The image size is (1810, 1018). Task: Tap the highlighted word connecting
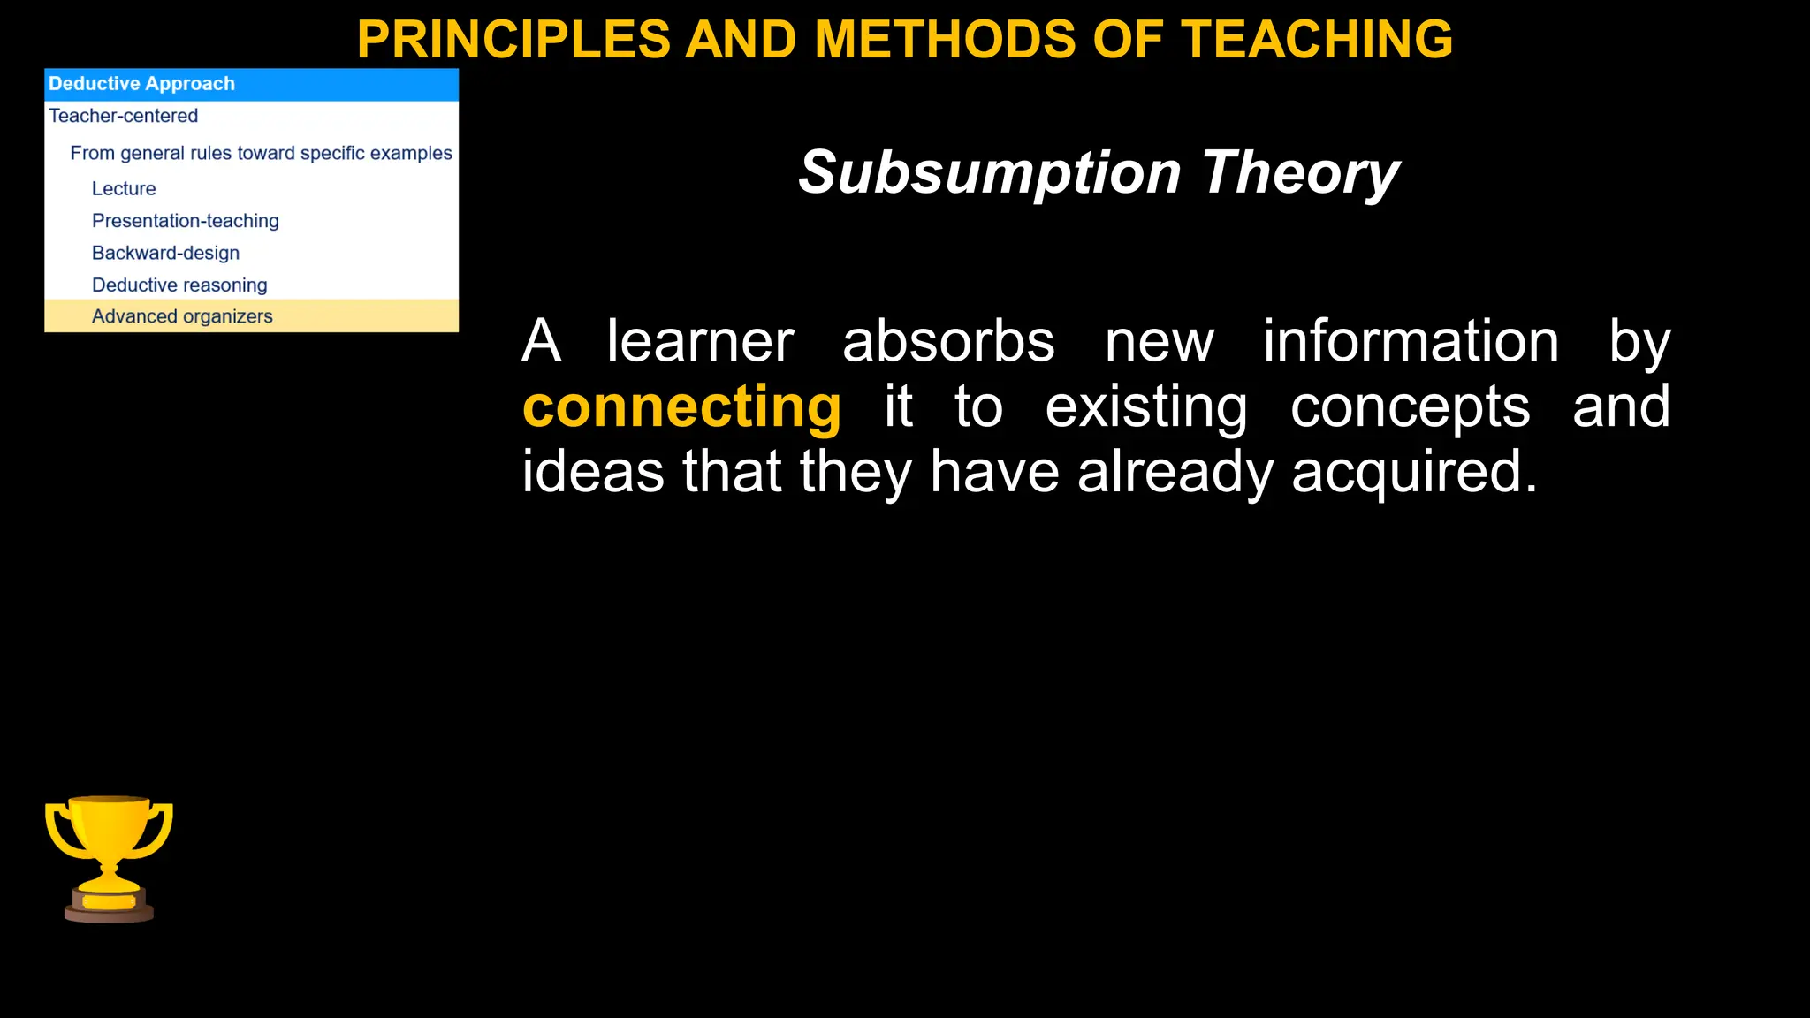[x=681, y=406]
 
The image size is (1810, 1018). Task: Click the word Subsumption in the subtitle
[x=989, y=172]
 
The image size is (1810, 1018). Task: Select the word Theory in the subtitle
[x=1300, y=172]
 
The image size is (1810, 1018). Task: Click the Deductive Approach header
[x=141, y=84]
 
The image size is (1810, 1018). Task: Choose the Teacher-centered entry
[x=123, y=116]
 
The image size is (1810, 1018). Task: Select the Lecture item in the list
[x=124, y=188]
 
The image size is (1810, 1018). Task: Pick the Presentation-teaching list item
[x=185, y=221]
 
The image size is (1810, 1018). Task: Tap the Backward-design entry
[x=165, y=253]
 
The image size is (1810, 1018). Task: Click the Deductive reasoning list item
[x=179, y=285]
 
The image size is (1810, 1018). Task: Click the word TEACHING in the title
[x=1317, y=40]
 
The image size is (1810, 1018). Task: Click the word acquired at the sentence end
[x=1413, y=472]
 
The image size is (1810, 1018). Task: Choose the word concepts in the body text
[x=1410, y=406]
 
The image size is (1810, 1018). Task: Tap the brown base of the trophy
[x=109, y=910]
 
